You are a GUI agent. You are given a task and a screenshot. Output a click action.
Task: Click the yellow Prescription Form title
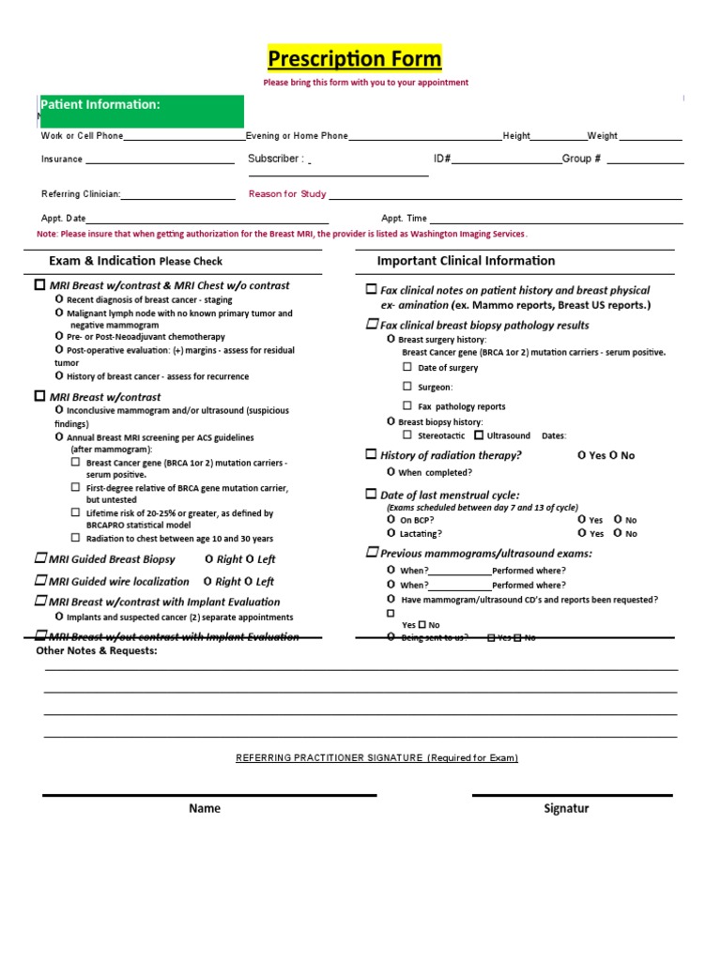tap(354, 59)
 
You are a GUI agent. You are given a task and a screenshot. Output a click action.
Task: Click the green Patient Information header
tap(100, 105)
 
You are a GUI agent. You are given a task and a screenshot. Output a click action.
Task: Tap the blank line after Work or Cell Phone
tap(184, 137)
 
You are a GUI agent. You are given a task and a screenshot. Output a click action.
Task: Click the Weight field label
tap(602, 136)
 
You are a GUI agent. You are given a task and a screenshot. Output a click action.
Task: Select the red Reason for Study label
tap(287, 194)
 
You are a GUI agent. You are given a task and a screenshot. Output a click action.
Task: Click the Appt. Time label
tap(404, 218)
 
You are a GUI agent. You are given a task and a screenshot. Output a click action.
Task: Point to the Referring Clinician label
tap(81, 194)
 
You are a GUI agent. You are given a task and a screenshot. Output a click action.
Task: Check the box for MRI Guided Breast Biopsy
tap(40, 558)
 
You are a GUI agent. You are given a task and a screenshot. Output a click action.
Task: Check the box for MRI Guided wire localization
tap(40, 581)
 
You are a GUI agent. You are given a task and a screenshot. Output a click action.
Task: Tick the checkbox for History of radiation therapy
tap(371, 454)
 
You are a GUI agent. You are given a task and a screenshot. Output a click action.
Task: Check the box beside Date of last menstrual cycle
tap(371, 494)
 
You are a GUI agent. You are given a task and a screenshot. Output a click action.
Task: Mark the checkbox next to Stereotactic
tap(407, 435)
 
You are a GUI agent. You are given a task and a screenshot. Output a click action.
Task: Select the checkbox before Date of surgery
tap(407, 367)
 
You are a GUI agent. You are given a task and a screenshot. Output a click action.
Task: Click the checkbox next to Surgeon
tap(407, 386)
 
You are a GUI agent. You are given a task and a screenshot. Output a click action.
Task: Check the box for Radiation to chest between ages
tap(76, 538)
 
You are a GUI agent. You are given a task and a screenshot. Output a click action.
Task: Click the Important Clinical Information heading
tap(466, 261)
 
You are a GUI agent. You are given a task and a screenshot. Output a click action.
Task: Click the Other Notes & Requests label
tap(97, 650)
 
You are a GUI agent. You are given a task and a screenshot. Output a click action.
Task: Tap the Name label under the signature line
tap(205, 808)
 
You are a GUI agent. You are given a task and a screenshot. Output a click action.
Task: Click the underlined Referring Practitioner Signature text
tap(376, 757)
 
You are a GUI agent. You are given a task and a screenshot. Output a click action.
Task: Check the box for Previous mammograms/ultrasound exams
tap(371, 553)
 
